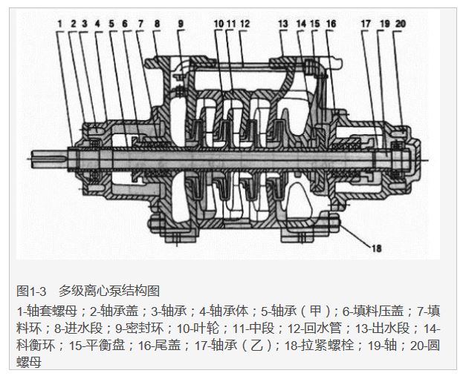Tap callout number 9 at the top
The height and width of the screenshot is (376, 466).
[180, 24]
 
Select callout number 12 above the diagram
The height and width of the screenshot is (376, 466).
[245, 24]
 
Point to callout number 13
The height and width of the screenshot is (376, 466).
[283, 24]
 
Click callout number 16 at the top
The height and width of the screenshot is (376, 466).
[331, 24]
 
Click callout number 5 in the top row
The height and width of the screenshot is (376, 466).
[111, 24]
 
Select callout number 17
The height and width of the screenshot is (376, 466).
[366, 24]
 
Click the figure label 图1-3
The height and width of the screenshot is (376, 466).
[31, 291]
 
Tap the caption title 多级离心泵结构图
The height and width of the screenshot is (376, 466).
[109, 291]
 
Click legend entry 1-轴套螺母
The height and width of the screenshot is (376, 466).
[41, 309]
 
